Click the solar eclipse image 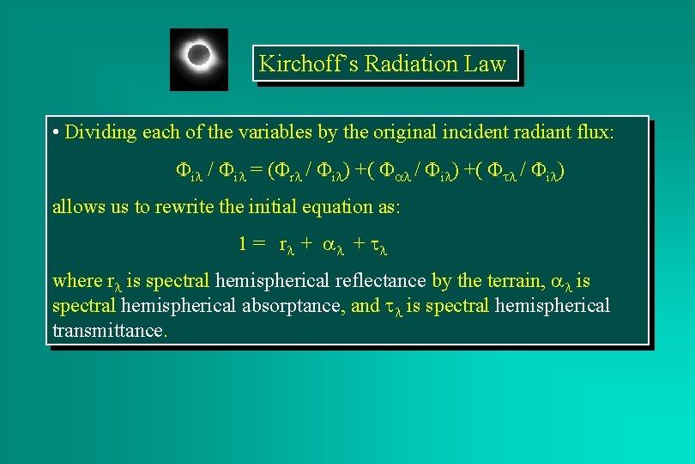click(199, 58)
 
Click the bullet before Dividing click(56, 133)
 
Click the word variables click(239, 132)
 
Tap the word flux click(595, 132)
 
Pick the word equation click(363, 207)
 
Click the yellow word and click(365, 305)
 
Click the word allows click(77, 207)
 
